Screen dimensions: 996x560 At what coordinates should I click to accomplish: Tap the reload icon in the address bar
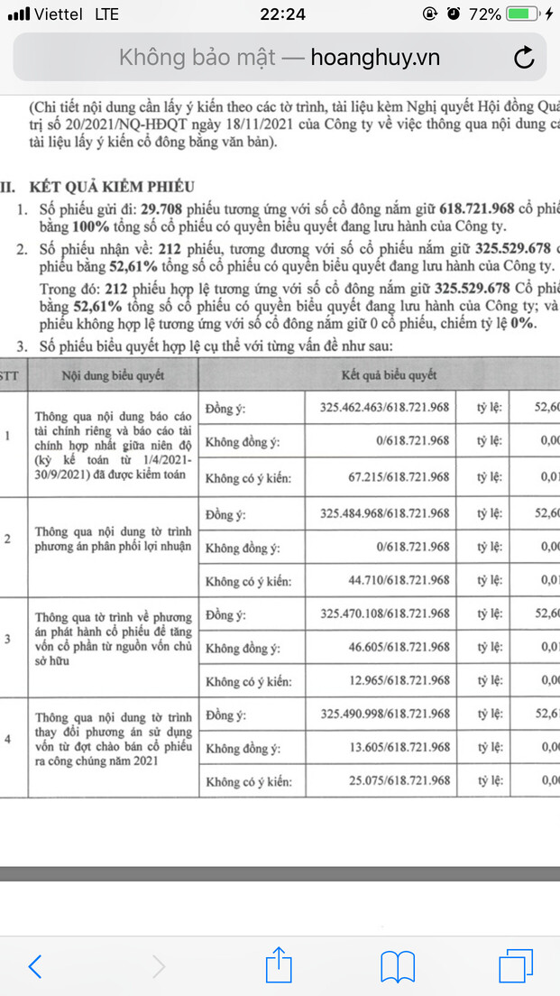click(x=524, y=59)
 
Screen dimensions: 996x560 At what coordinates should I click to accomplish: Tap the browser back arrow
click(x=35, y=966)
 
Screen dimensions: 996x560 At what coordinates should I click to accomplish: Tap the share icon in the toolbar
click(x=279, y=965)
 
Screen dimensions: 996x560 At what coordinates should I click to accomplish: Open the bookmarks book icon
click(x=398, y=966)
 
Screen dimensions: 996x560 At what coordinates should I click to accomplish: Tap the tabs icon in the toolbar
click(x=517, y=965)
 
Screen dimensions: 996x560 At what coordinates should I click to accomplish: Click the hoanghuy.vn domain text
click(x=375, y=59)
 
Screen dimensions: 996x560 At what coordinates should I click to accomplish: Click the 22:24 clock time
click(x=281, y=14)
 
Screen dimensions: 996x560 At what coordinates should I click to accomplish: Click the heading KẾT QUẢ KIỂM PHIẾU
click(x=112, y=187)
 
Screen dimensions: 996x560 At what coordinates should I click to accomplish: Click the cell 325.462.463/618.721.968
click(x=384, y=407)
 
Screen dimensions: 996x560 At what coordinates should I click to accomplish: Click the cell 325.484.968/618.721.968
click(x=384, y=513)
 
